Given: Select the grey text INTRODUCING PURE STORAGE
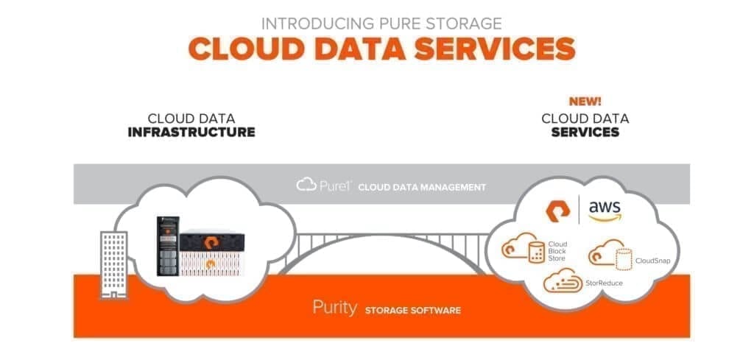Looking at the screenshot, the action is coord(381,23).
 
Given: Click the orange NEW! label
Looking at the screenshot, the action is coord(585,102).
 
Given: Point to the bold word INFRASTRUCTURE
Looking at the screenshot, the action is coord(191,133).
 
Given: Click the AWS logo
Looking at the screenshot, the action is coord(605,211).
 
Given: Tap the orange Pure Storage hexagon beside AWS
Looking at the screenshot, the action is coord(558,211).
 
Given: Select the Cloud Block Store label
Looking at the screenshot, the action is coord(558,251).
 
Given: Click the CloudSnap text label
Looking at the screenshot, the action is coord(652,261).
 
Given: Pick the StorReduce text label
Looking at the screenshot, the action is coord(604,283).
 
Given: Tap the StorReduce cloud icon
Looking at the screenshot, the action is coord(563,280).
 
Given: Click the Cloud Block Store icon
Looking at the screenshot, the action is coord(524,247).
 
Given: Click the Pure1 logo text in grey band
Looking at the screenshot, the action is coord(325,186).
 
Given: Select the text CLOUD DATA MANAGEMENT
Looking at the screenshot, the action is coord(422,188).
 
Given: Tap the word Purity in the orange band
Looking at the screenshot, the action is coord(335,308).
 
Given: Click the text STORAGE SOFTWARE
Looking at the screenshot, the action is coord(412,311).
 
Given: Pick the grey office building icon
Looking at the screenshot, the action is coord(114,265).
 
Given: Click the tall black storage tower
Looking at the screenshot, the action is coord(168,246).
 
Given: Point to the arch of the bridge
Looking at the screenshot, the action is coord(382,239).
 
